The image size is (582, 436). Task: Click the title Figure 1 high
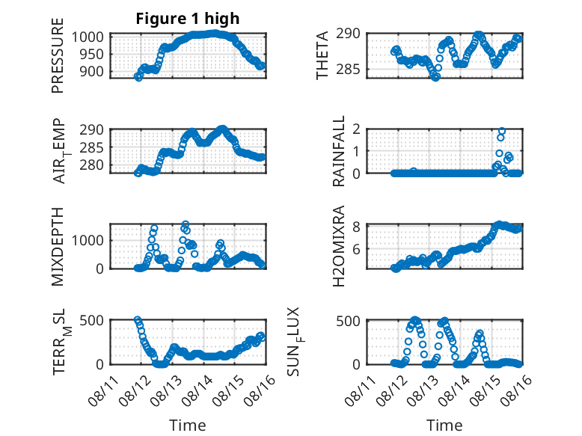(188, 19)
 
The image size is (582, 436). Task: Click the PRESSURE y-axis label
(58, 55)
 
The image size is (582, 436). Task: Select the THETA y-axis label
(322, 55)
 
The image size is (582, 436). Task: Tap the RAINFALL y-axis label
(339, 151)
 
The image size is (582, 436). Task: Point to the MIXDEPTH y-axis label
(58, 247)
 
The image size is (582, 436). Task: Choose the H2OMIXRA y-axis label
(339, 246)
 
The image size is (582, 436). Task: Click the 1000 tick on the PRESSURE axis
(88, 37)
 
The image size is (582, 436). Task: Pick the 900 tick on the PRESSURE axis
(91, 71)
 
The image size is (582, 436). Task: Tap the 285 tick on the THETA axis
(348, 69)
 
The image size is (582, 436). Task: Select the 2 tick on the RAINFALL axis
(356, 129)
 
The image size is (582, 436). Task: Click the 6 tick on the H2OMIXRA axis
(356, 249)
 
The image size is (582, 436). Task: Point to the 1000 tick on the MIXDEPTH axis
(88, 240)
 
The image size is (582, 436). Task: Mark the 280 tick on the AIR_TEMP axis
(91, 165)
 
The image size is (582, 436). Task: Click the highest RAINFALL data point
(502, 131)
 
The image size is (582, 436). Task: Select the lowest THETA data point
(436, 77)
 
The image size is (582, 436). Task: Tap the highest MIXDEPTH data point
(186, 224)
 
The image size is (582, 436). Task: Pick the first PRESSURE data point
(138, 77)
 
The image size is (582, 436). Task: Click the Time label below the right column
(444, 425)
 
